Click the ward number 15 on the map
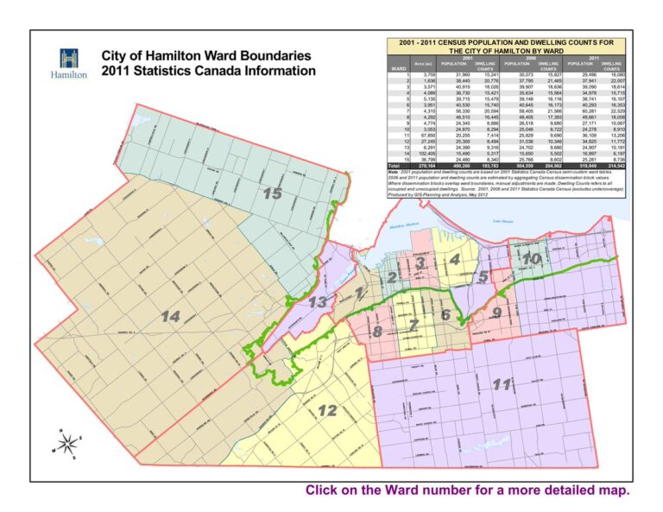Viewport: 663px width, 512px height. [x=273, y=194]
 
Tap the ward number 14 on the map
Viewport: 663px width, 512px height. [x=170, y=317]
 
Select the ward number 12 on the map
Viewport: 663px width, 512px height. [x=327, y=410]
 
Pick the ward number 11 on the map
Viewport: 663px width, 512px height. [x=500, y=384]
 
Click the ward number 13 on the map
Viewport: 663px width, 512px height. [x=319, y=301]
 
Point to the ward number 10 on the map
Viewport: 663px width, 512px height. [x=532, y=258]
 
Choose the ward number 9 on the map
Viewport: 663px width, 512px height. [x=496, y=313]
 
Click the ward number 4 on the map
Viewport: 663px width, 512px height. [x=453, y=258]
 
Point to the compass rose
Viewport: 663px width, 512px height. [x=65, y=442]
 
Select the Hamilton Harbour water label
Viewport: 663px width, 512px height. [x=401, y=226]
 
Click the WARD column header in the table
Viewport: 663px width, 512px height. [x=398, y=69]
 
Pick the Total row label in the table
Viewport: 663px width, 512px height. [x=395, y=164]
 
